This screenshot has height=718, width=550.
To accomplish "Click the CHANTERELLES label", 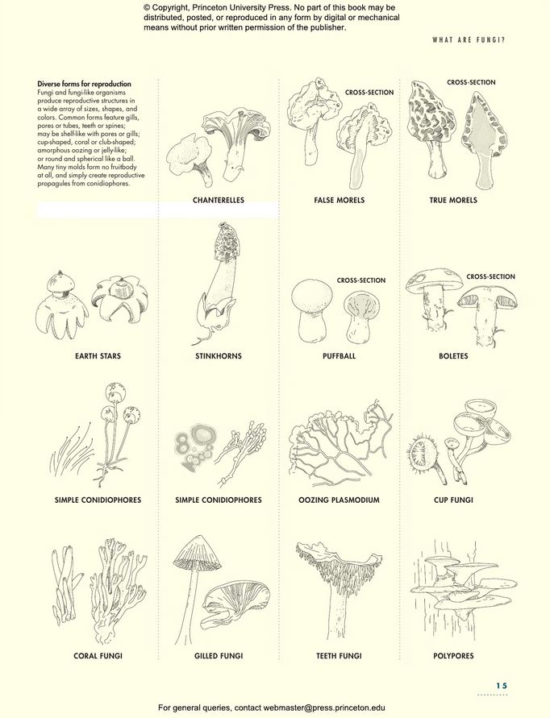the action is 219,200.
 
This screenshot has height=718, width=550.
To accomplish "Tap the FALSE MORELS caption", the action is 340,200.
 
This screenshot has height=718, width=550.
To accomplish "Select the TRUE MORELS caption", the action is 453,200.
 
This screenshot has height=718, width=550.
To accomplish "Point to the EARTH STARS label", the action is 98,356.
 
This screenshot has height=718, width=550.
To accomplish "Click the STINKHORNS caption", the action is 219,356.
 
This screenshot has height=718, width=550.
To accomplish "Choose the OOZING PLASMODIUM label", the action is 340,500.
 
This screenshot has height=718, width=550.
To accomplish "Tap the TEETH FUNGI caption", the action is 340,656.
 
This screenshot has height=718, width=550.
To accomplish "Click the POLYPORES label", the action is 453,656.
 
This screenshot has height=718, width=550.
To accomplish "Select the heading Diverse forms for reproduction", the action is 85,84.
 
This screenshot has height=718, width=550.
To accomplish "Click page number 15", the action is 502,686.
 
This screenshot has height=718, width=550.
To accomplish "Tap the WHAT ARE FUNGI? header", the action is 469,39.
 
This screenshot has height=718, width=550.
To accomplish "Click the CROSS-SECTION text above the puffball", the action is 361,280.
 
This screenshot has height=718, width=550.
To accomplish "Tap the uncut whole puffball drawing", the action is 311,310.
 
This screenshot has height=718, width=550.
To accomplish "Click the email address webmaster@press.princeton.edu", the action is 324,708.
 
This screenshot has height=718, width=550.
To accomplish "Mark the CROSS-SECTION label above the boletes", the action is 490,276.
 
